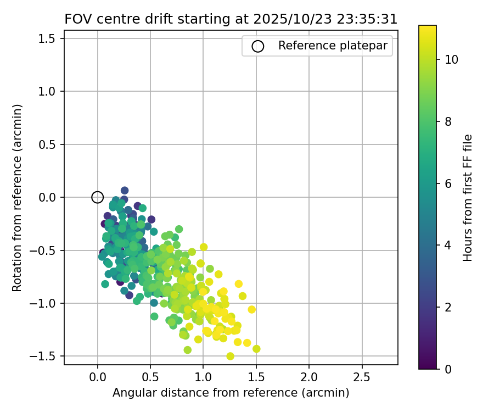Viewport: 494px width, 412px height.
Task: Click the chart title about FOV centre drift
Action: [231, 19]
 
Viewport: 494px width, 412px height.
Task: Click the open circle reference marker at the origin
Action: [97, 197]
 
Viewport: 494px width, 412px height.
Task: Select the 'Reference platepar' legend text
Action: [336, 46]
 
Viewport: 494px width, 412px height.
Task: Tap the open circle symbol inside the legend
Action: [258, 46]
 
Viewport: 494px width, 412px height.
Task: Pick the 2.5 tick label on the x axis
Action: [362, 378]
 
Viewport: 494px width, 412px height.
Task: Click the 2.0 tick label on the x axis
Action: [309, 378]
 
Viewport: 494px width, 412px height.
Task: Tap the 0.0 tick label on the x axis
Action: [97, 378]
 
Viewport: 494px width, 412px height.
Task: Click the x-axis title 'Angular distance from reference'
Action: [231, 393]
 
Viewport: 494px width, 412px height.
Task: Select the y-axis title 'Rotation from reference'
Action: [17, 198]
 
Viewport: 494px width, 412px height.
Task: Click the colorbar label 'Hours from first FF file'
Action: [468, 198]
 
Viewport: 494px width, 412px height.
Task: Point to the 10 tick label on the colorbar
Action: [452, 59]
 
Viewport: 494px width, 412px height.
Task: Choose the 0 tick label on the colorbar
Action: [448, 369]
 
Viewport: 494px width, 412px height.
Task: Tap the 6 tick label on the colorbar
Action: [448, 183]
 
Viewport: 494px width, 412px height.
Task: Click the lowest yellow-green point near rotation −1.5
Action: [230, 356]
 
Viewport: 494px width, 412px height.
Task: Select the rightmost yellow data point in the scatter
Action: [256, 349]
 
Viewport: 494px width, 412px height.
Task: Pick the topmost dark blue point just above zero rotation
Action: [125, 191]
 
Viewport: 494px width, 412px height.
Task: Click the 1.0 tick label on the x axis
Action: [203, 378]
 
